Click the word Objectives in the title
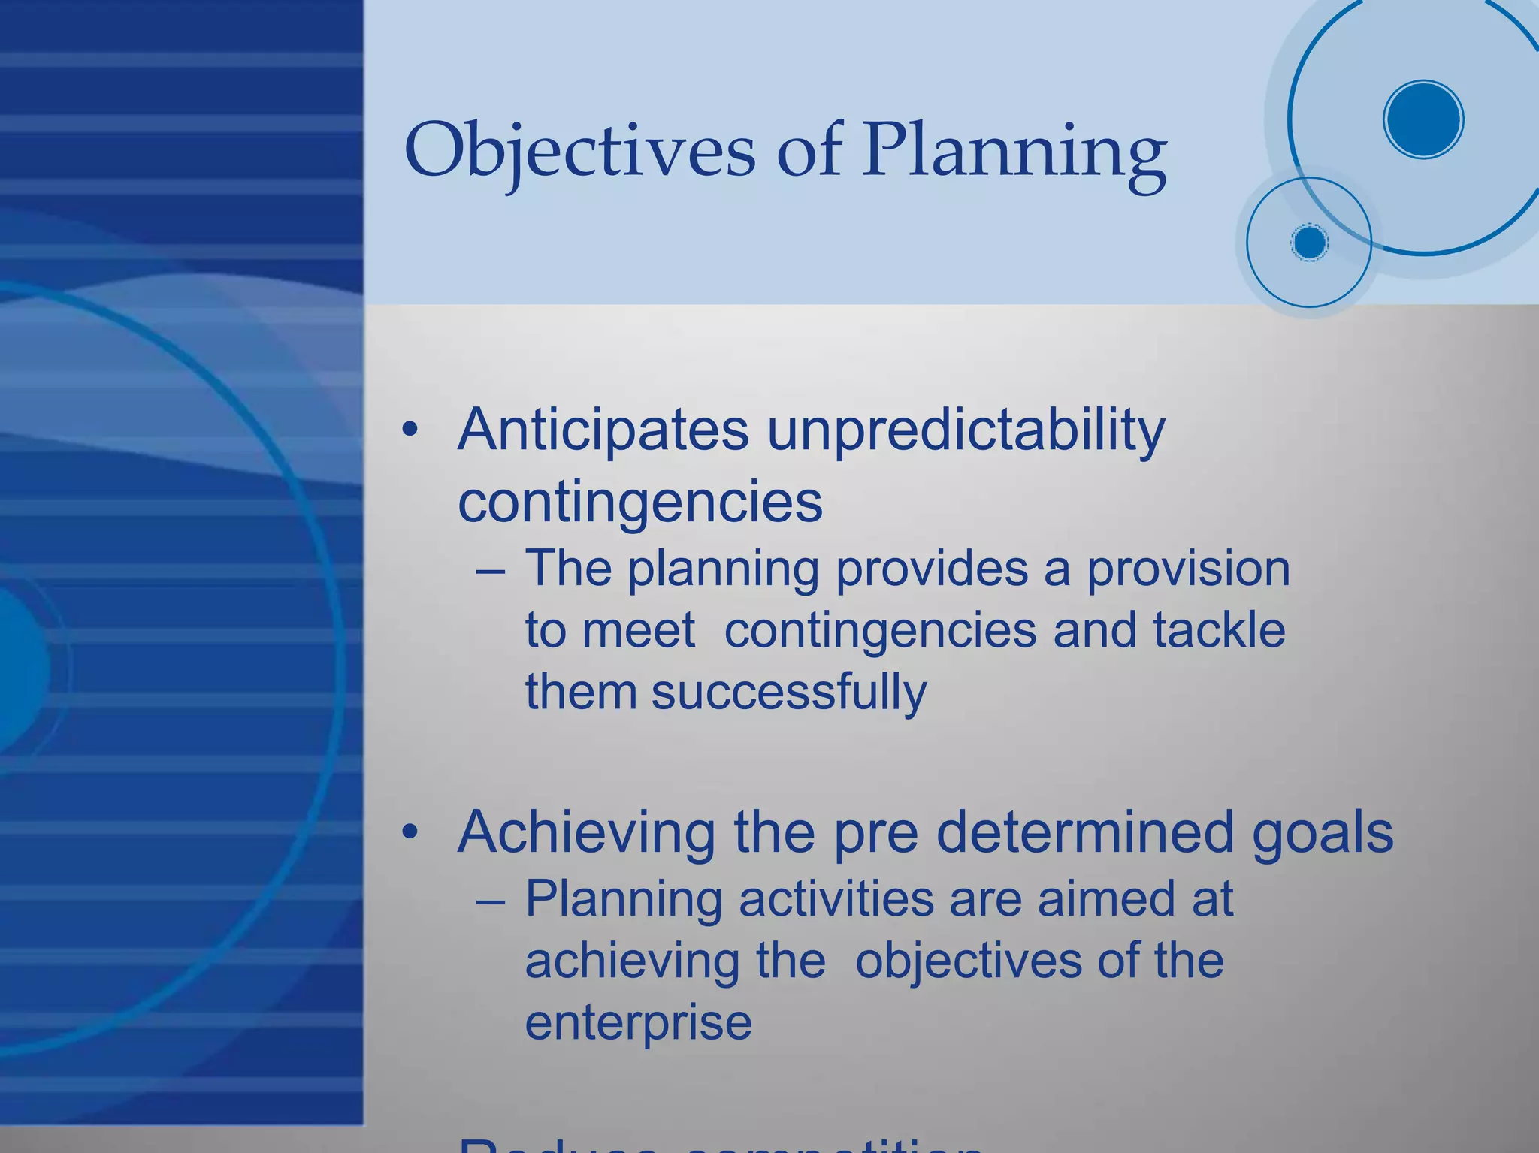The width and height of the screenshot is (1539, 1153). coord(579,150)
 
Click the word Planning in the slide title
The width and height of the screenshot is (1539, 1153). coord(1014,150)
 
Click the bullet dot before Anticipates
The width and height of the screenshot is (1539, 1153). coord(410,430)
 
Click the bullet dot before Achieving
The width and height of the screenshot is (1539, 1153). coord(410,832)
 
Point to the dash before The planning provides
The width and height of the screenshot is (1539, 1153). coord(490,570)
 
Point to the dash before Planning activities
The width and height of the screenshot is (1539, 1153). coord(490,900)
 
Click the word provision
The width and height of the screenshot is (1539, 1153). coord(1189,569)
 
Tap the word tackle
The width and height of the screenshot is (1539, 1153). coord(1219,629)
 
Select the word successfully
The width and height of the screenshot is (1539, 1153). coord(789,691)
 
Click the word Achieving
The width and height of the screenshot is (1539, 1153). coord(586,832)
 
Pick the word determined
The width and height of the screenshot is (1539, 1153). coord(1085,832)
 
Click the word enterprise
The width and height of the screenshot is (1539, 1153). coord(638,1023)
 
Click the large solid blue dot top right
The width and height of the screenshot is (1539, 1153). coord(1423,119)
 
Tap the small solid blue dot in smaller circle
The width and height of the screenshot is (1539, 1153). coord(1310,243)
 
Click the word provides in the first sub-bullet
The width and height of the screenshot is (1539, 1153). coord(932,569)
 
